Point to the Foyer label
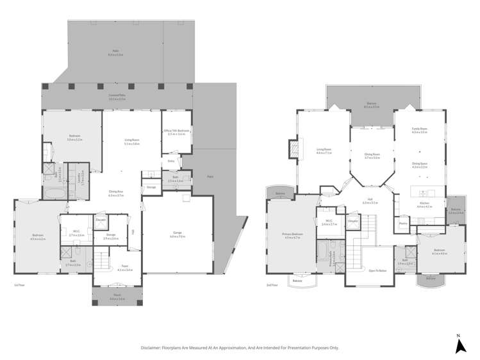point(125,268)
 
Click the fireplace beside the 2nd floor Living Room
point(294,149)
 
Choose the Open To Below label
point(377,270)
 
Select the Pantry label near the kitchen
point(403,224)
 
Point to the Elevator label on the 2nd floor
point(352,221)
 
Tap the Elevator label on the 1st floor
point(101,220)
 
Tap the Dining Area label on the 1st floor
point(116,193)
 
